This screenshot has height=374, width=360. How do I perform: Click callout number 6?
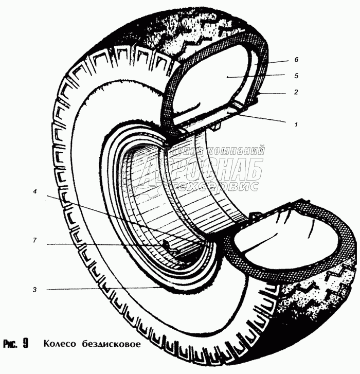(x=296, y=60)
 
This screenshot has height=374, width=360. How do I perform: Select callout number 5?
(x=296, y=76)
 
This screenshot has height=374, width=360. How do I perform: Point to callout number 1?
(x=296, y=124)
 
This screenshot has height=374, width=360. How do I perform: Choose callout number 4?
(x=35, y=192)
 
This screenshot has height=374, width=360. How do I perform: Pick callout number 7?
(x=35, y=240)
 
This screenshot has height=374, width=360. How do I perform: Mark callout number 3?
(x=35, y=290)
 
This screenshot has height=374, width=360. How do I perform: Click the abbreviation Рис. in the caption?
(x=10, y=344)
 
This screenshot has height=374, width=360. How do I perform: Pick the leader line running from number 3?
(x=103, y=290)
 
